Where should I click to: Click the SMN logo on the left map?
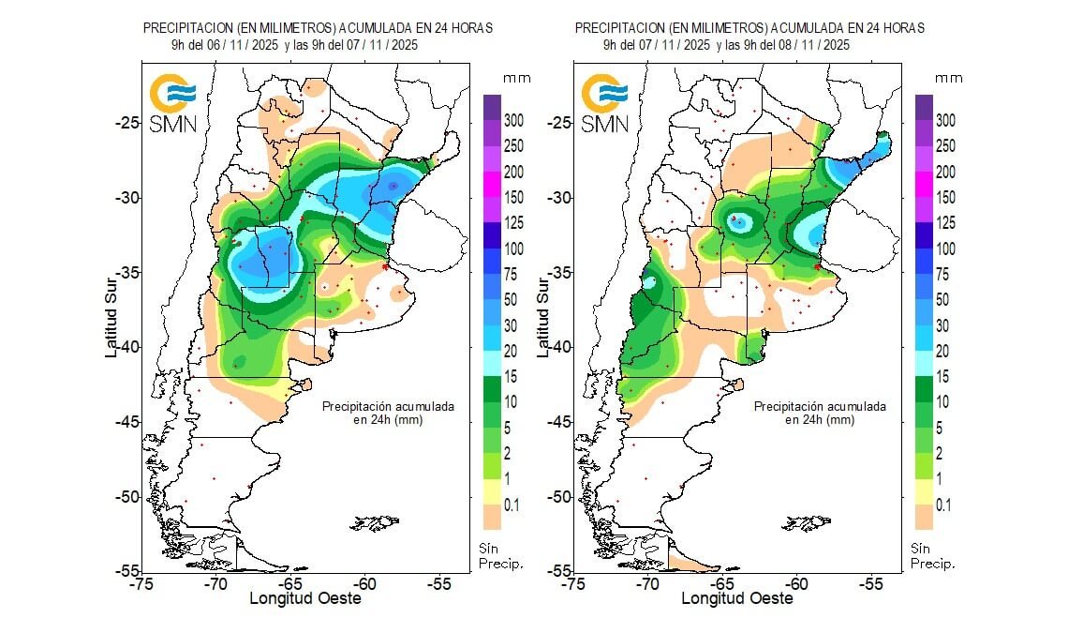point(173,103)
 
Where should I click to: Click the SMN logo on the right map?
point(605,103)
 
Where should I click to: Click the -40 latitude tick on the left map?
point(123,347)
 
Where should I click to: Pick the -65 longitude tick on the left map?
point(290,583)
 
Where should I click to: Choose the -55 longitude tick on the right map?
point(872,583)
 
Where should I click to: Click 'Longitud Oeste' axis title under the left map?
point(304,598)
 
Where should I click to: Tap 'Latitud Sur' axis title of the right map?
point(541,309)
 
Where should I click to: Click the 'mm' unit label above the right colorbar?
point(948,77)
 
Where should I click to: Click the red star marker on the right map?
point(817,266)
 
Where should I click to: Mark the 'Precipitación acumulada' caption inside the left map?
point(388,407)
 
